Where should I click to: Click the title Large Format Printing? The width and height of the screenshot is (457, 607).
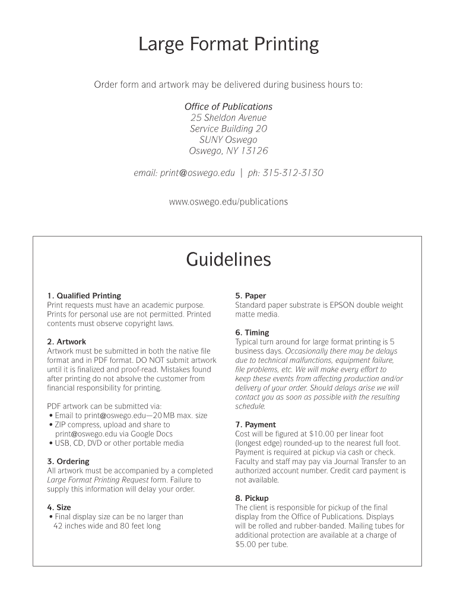228,44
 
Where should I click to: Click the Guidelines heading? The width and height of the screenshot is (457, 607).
228,260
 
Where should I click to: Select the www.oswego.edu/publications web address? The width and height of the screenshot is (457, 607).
228,202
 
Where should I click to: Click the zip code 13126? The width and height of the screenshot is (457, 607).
254,151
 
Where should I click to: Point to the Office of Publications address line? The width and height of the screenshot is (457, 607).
228,107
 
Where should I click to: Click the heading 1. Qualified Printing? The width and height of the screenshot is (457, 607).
84,296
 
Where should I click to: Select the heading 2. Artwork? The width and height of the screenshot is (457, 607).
66,342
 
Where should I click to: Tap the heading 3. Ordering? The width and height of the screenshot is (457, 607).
68,461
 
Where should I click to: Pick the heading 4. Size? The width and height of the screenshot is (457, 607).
59,507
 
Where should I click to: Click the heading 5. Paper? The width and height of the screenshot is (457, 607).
250,296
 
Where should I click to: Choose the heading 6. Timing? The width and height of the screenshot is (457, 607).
252,333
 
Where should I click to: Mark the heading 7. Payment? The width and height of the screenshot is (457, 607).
255,424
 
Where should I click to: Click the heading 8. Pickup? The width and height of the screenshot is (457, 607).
252,498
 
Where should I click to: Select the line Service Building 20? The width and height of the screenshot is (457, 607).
228,129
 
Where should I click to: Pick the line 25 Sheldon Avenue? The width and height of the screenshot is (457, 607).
228,117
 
